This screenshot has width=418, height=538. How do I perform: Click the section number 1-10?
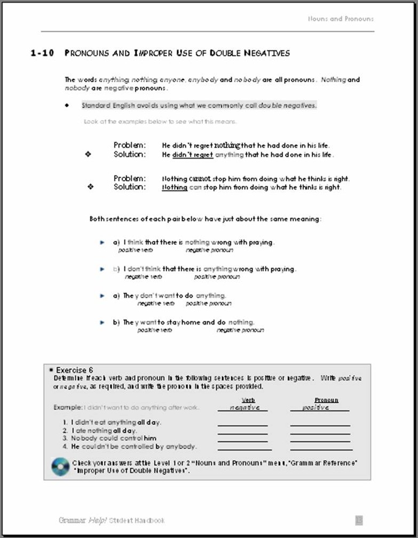click(x=42, y=53)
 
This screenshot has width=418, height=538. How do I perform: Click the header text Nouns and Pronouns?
click(x=341, y=19)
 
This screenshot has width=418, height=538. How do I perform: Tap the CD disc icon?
click(x=60, y=467)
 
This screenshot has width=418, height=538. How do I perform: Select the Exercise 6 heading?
click(x=74, y=370)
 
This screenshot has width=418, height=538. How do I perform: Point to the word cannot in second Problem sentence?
click(x=200, y=179)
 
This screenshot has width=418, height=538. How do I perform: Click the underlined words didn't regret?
click(x=193, y=155)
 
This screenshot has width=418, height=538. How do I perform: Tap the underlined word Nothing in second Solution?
click(x=175, y=188)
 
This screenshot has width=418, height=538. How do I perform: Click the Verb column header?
click(x=248, y=400)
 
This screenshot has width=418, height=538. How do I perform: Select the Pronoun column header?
click(x=326, y=400)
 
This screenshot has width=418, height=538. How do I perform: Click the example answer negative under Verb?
click(x=245, y=407)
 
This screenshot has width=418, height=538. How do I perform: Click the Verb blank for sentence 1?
click(x=242, y=425)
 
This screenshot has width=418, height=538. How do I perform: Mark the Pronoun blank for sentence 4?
click(x=320, y=449)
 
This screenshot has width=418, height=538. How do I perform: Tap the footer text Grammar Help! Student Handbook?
click(x=112, y=520)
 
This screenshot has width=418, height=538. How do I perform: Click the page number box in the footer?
click(x=359, y=520)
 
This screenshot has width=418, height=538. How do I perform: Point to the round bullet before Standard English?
click(x=67, y=106)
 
